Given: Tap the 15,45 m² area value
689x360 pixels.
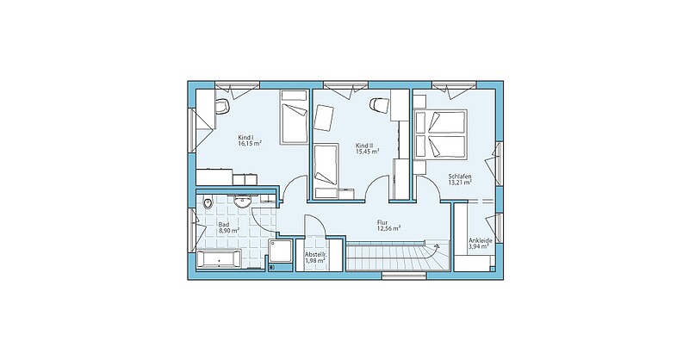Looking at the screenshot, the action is [368, 152].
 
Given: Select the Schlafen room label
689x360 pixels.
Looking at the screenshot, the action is [460, 177].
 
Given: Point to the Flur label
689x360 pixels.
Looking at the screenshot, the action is [382, 222].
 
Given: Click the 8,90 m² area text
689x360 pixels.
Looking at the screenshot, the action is [229, 230].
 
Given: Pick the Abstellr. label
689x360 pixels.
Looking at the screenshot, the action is [315, 255].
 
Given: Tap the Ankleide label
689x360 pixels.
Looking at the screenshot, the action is [480, 240].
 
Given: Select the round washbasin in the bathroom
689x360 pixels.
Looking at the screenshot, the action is [242, 202].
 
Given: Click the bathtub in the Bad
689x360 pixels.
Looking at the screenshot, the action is [219, 258].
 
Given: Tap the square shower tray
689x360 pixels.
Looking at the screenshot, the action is [281, 251].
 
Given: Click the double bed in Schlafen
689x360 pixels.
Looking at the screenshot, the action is [440, 133].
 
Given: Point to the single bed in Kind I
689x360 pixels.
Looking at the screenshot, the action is [294, 117].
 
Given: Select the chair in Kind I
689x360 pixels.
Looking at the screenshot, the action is [223, 106].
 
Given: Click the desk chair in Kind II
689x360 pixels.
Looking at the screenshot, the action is [379, 104].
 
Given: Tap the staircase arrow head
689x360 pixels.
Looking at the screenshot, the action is [437, 247].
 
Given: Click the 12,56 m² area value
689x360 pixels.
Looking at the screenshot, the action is [388, 228].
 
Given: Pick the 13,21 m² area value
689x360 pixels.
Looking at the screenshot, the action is [460, 182].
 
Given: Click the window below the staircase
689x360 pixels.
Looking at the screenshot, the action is [404, 276].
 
